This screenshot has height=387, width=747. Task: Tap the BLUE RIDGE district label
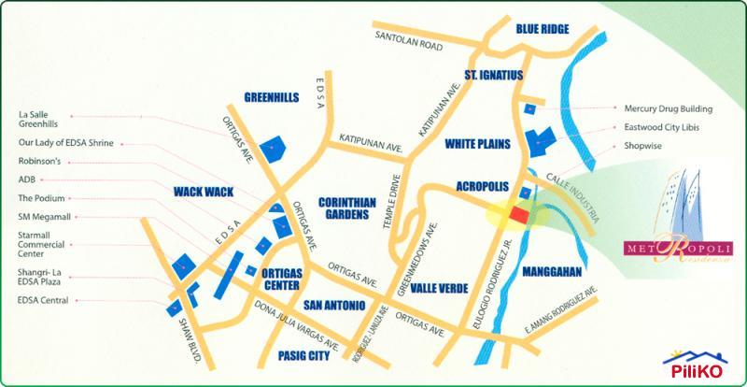[543, 30]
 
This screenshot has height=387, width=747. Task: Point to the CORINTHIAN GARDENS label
[347, 208]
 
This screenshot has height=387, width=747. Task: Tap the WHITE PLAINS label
[477, 144]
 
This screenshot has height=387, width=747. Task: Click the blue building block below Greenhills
[273, 148]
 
